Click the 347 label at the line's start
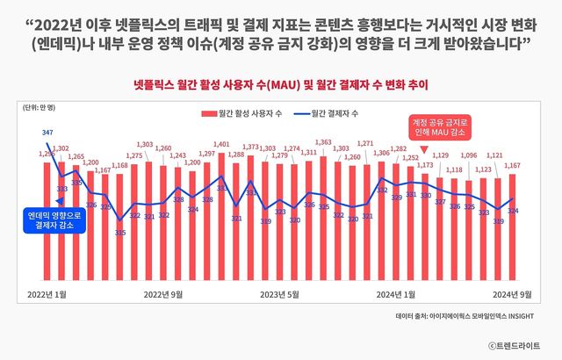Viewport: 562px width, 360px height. coord(47,132)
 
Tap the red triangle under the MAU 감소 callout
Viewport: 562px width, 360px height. coord(425,150)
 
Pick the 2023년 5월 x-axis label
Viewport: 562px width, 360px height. coord(279,293)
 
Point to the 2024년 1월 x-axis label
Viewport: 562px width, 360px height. coord(395,293)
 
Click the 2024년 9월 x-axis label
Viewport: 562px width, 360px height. coord(512,293)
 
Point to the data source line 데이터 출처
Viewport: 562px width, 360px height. coord(465,314)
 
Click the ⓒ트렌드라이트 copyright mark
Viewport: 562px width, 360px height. coord(514,344)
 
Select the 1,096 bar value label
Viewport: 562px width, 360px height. coord(470,155)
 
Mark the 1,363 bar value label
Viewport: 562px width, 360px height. coord(323,142)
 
